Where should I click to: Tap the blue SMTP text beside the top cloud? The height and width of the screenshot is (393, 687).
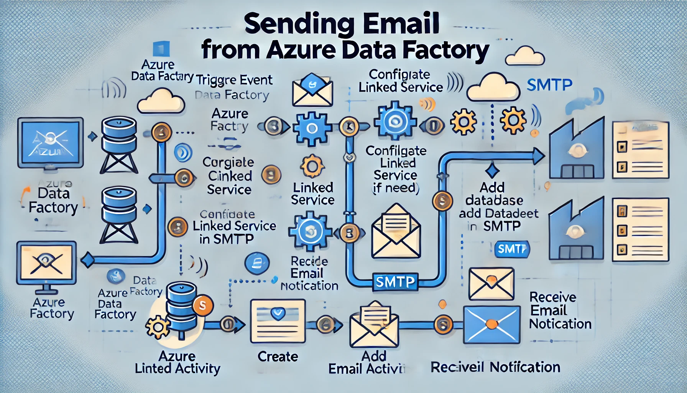tap(549, 85)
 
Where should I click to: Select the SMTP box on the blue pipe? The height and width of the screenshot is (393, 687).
tap(395, 282)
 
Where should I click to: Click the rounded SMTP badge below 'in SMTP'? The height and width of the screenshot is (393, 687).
tap(511, 249)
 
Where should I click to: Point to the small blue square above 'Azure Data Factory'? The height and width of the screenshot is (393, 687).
tap(161, 50)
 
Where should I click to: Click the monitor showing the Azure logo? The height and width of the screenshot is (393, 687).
tap(50, 142)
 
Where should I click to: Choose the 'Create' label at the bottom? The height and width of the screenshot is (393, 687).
tap(278, 357)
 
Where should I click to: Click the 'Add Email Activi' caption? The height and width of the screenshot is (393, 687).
tap(367, 363)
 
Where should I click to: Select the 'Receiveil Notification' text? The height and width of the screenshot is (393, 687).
tap(495, 367)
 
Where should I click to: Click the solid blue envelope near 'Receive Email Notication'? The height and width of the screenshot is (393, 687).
tap(492, 325)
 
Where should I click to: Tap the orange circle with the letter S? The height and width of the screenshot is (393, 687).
tap(202, 305)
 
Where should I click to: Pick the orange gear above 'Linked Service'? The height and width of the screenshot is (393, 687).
tap(312, 166)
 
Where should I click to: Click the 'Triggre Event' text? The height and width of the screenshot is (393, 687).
tap(234, 80)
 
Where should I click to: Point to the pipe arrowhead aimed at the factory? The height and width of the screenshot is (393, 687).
tap(538, 157)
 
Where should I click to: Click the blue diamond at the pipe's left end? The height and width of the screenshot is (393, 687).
tap(88, 260)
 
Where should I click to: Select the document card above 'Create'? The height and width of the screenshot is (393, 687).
tap(278, 321)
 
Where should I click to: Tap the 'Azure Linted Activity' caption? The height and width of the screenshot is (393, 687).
tap(178, 363)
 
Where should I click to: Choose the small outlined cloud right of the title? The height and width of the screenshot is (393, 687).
tap(525, 56)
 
